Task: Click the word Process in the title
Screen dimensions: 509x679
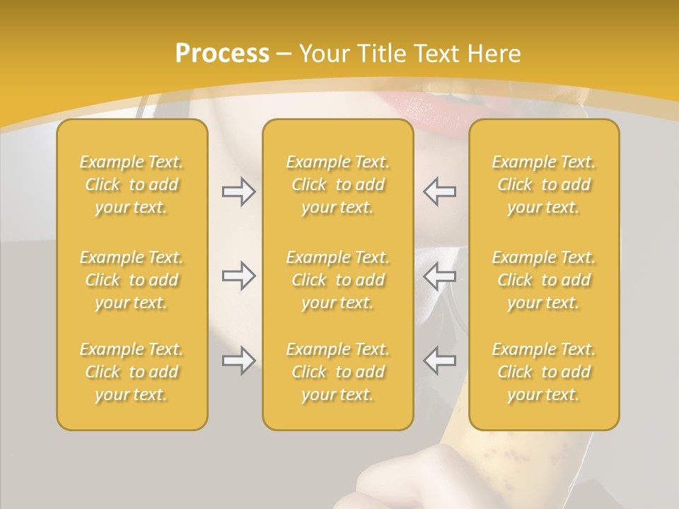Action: point(222,53)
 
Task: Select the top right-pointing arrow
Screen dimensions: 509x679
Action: point(238,192)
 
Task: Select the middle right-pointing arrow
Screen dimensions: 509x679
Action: point(238,276)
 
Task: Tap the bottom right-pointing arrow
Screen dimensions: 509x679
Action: point(238,361)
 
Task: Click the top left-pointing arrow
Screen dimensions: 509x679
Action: point(440,192)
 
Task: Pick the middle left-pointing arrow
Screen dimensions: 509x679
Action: point(440,276)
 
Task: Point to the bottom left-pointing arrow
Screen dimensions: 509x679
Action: point(440,361)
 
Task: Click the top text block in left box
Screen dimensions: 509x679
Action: point(132,185)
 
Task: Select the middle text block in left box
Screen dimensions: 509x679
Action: point(132,280)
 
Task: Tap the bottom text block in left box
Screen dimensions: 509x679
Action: point(132,372)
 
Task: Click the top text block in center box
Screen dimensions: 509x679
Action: point(337,185)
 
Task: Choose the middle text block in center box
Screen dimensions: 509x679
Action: point(337,280)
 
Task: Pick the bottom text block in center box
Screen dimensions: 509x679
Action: point(337,372)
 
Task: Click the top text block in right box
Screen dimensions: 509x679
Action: point(543,185)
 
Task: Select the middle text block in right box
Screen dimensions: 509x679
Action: point(543,280)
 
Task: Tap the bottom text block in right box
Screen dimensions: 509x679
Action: point(543,372)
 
